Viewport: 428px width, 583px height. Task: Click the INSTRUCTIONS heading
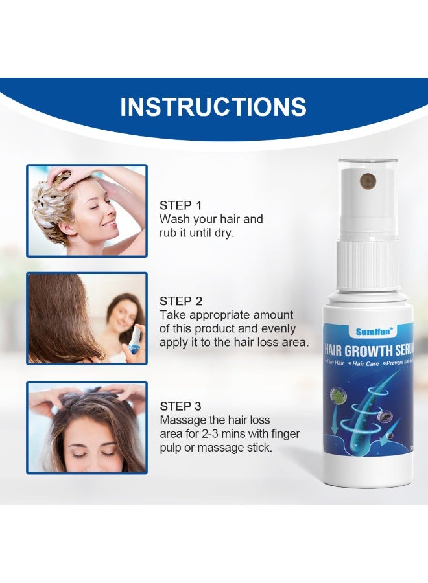click(x=213, y=107)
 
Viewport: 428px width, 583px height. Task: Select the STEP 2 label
click(x=181, y=301)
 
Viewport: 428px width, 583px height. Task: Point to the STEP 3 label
click(x=181, y=406)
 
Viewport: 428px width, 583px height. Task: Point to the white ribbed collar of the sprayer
click(x=367, y=269)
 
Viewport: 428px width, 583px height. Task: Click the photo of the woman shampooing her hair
click(x=87, y=211)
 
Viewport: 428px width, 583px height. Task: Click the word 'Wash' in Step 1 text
click(x=174, y=219)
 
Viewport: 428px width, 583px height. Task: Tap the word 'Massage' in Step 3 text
click(x=181, y=420)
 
